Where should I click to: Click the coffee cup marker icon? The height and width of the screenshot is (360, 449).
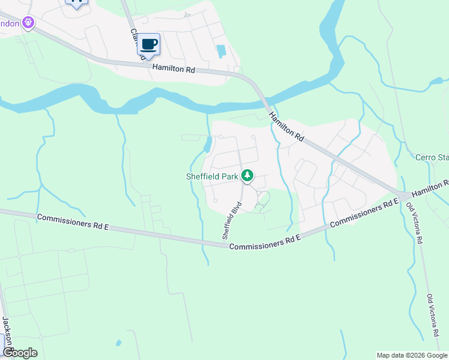click(149, 44)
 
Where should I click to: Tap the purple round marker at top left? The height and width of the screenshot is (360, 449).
click(28, 23)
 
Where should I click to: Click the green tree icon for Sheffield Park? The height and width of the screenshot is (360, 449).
click(247, 176)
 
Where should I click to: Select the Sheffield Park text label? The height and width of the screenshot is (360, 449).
click(211, 176)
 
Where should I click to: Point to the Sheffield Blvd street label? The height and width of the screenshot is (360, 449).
click(228, 223)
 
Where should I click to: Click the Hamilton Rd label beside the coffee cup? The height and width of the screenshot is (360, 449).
click(174, 70)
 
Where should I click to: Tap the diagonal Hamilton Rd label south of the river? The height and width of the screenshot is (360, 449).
click(286, 127)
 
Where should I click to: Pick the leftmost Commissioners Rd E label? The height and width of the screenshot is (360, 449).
click(72, 220)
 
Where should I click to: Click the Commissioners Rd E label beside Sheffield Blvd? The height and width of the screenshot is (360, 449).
click(264, 243)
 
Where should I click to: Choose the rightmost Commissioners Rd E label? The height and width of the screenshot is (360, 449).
click(364, 213)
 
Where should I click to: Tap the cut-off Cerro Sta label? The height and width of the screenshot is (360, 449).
click(432, 158)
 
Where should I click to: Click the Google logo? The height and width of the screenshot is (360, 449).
click(19, 353)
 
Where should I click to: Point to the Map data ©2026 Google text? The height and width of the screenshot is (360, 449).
click(412, 355)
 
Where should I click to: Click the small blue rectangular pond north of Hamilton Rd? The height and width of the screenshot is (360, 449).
click(221, 51)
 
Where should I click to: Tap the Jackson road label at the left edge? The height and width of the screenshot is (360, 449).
click(8, 334)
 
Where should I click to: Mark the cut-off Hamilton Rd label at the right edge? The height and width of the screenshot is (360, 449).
click(430, 187)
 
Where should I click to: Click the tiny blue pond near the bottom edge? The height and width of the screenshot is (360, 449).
click(118, 343)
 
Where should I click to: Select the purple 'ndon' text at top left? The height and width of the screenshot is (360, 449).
click(10, 23)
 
